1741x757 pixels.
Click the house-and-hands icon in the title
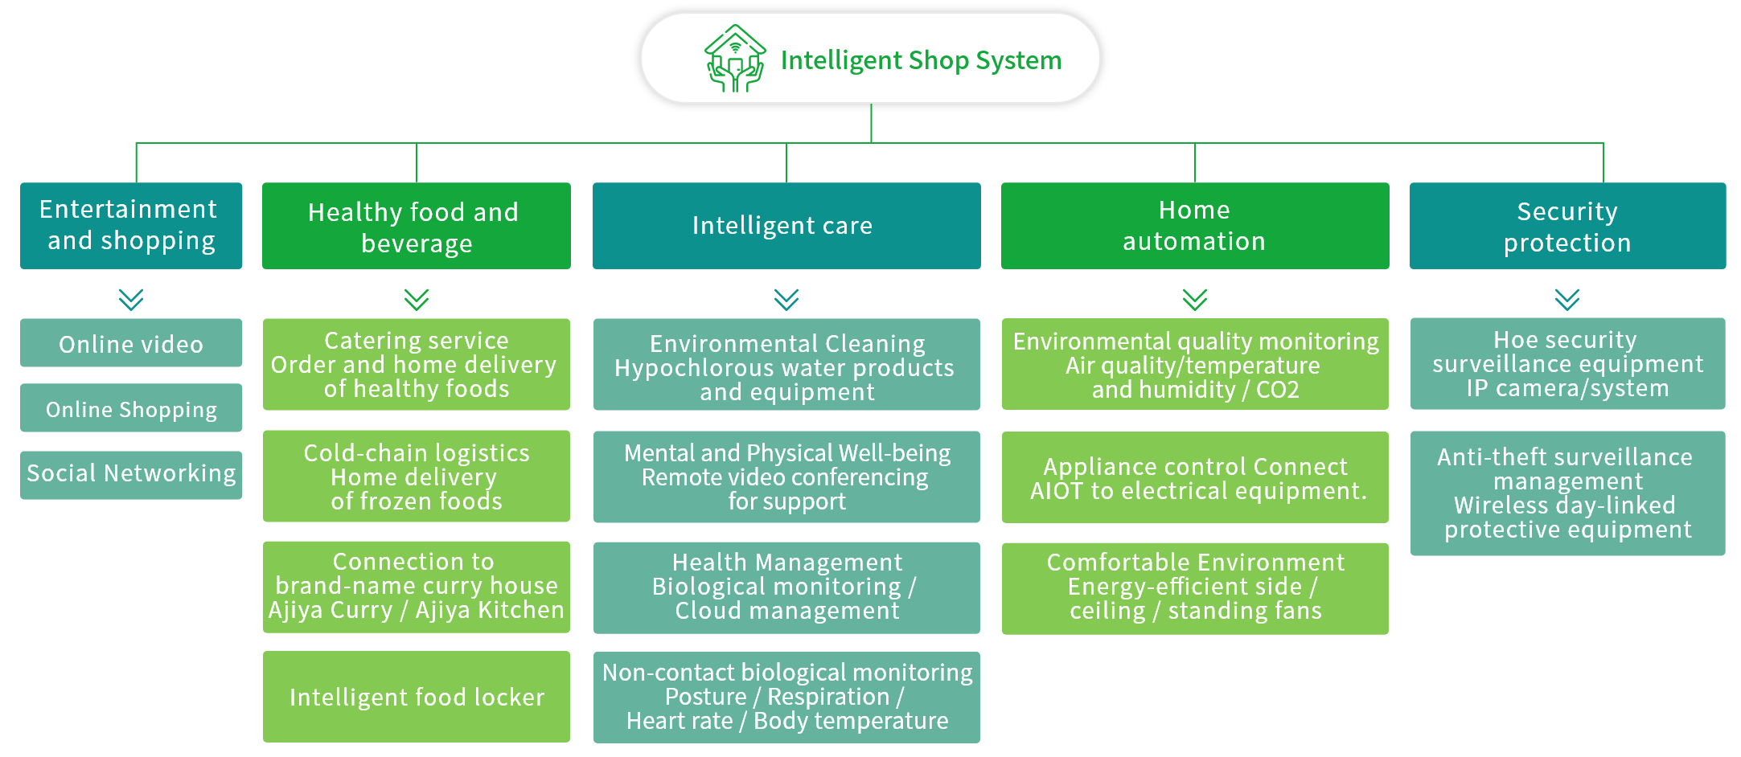[x=735, y=59]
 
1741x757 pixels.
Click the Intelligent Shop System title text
[x=921, y=60]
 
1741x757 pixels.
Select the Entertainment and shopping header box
[x=131, y=226]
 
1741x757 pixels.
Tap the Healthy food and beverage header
[x=417, y=226]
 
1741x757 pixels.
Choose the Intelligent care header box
[x=786, y=226]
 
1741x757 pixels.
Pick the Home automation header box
[x=1195, y=226]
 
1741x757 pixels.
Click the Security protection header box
[x=1567, y=226]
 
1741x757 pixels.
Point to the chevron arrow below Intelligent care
[x=786, y=300]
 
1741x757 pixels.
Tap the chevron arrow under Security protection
[x=1567, y=300]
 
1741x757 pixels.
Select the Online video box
[x=131, y=343]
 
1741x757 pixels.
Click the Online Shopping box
[x=131, y=407]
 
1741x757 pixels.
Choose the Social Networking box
[x=131, y=475]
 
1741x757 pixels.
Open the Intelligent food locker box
[x=417, y=697]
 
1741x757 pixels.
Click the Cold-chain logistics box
[x=417, y=477]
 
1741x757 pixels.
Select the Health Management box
[x=786, y=588]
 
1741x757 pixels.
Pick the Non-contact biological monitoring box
[x=786, y=698]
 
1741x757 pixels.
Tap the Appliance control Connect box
[x=1195, y=477]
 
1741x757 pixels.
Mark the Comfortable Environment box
[x=1195, y=589]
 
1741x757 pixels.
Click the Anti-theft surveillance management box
[x=1567, y=493]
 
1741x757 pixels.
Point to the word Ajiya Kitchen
[x=490, y=610]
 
